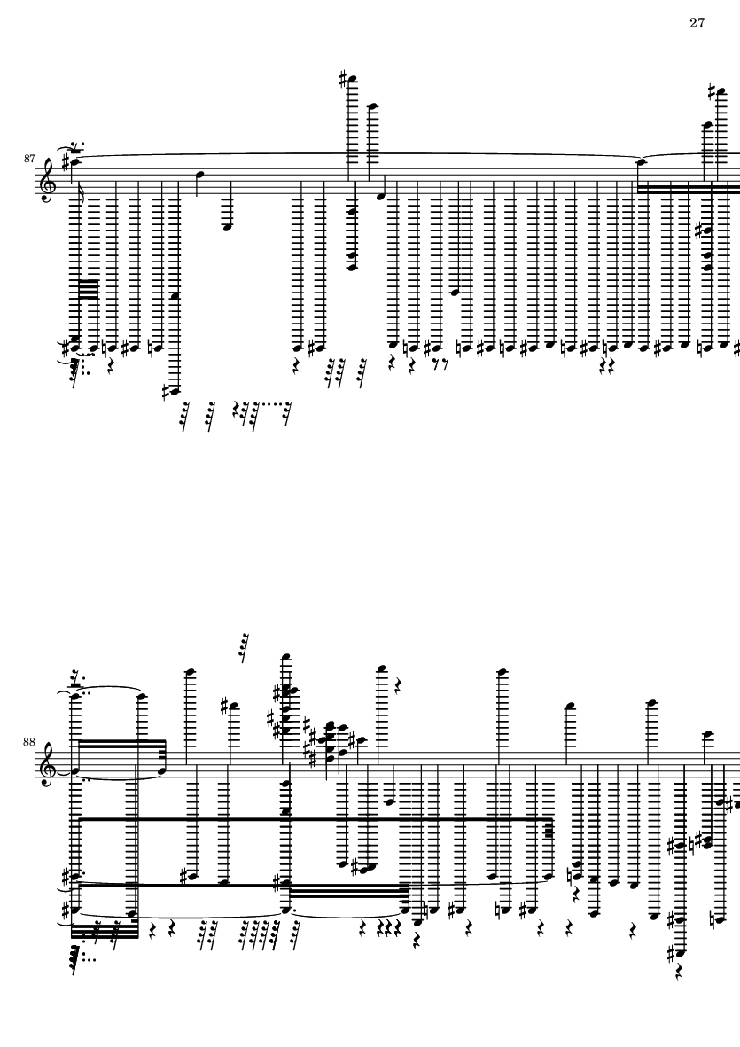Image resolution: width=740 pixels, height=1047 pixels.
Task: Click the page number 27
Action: [697, 23]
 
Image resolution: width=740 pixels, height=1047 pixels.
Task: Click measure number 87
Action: [28, 159]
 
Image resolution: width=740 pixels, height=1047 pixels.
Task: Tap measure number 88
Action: [28, 742]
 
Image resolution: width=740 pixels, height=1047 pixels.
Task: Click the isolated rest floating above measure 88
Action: [245, 647]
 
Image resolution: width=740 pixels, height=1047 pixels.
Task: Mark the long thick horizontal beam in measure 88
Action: [314, 818]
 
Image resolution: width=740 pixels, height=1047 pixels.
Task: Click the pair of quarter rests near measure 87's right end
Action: [606, 364]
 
